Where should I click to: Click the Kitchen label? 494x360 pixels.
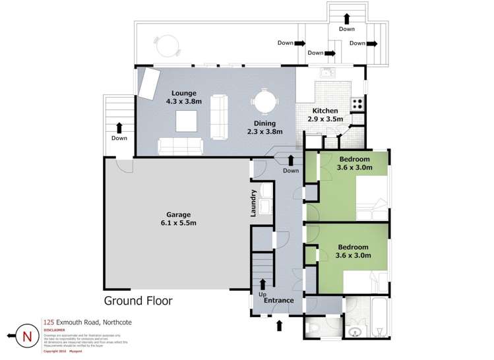325,111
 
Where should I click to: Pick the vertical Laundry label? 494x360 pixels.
253,204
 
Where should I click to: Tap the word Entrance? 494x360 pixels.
278,301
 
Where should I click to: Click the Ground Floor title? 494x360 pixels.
138,301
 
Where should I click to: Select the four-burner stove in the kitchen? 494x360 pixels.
357,104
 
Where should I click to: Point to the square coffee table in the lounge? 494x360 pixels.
186,121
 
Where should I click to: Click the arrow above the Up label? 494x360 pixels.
262,285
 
